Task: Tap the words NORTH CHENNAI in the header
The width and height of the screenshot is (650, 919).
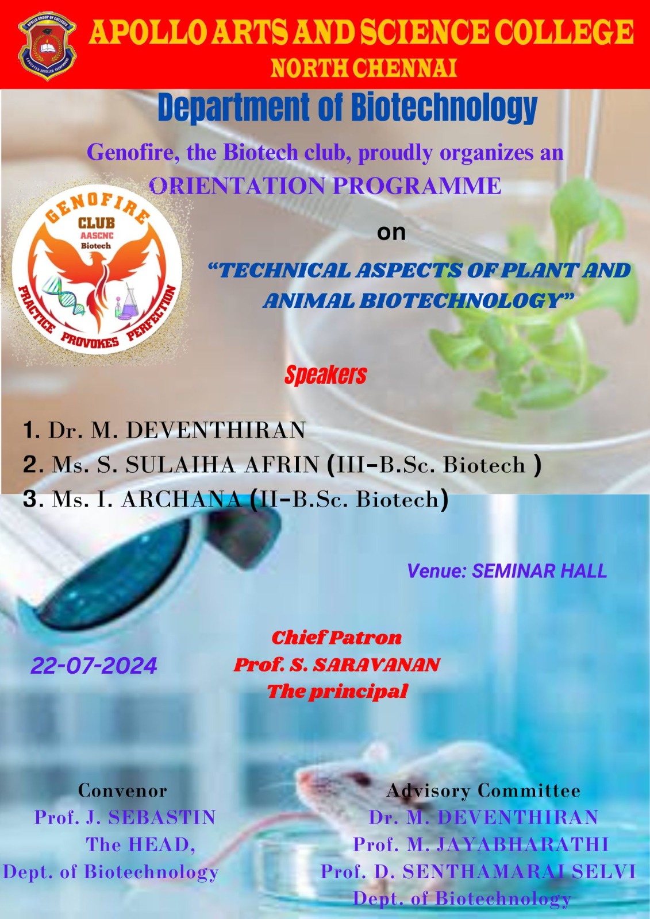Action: [x=364, y=68]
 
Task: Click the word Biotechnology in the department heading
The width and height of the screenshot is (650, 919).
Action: [x=444, y=107]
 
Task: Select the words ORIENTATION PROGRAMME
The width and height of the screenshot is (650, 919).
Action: [x=326, y=186]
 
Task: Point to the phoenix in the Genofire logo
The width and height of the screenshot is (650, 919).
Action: [x=98, y=283]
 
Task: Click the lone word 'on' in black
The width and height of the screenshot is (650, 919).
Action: [x=391, y=233]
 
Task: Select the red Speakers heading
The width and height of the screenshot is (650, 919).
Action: [x=326, y=375]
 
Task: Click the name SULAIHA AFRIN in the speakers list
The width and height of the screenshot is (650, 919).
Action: [x=222, y=465]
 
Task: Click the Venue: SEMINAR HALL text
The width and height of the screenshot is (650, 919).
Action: [x=507, y=571]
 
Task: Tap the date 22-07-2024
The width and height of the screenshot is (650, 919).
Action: [x=94, y=666]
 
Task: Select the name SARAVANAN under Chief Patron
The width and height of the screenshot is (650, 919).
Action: [x=376, y=665]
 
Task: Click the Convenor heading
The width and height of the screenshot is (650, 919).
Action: [x=123, y=790]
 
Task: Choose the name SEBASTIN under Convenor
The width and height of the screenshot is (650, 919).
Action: [x=161, y=817]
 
